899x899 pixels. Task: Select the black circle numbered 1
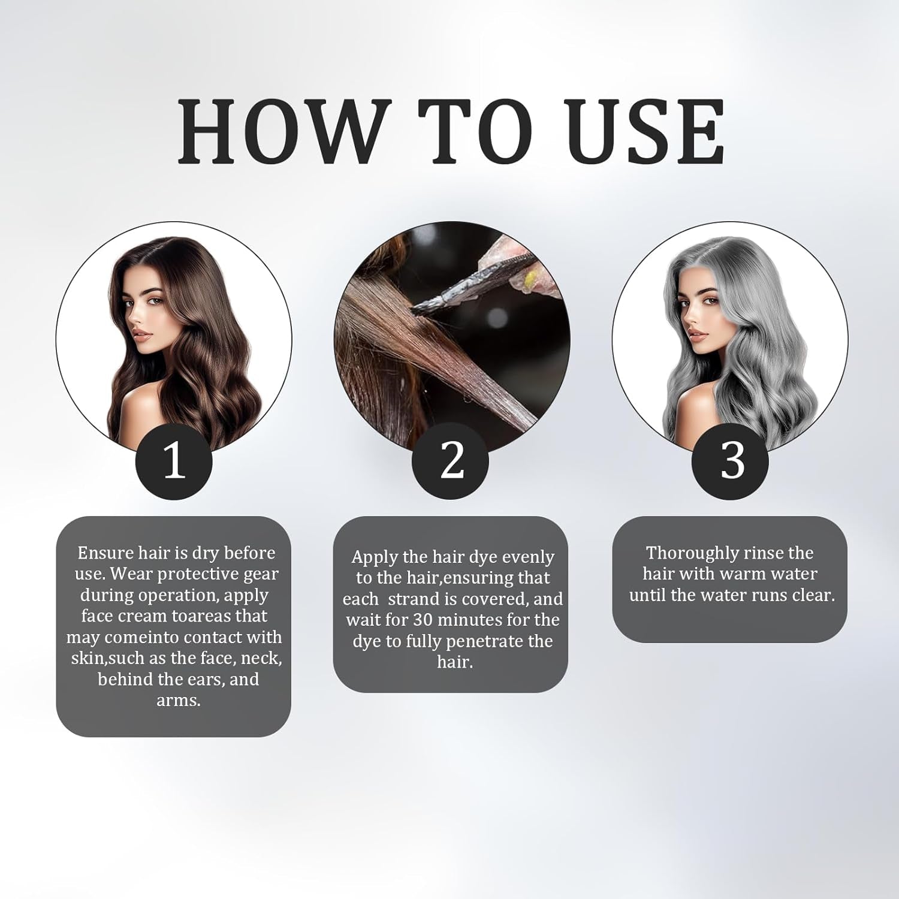tap(174, 461)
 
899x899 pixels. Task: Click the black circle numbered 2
tap(451, 461)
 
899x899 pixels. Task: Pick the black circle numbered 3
tap(730, 461)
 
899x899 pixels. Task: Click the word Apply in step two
tap(374, 557)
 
